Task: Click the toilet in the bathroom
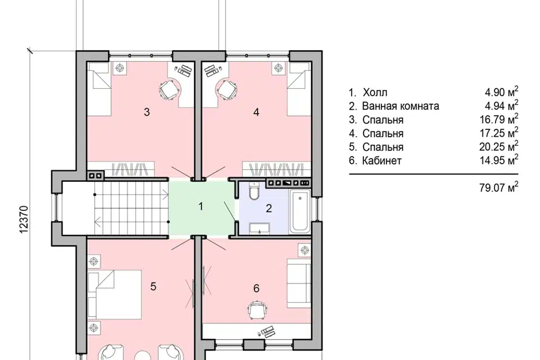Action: pos(254,192)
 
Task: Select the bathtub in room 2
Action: pos(300,211)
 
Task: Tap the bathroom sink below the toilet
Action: pos(259,228)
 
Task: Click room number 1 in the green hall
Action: pos(201,206)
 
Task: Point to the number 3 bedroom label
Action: pos(147,112)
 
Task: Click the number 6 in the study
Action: pos(256,288)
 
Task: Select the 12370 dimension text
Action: pos(24,219)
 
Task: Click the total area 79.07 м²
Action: pos(499,187)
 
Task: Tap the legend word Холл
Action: pos(375,92)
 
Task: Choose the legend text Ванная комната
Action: pos(400,106)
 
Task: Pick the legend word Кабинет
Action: pos(382,160)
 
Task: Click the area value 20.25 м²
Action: pos(499,146)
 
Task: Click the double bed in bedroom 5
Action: pos(114,295)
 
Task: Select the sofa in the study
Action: pos(299,283)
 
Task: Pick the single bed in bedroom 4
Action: pos(300,89)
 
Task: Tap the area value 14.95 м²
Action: pos(499,160)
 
